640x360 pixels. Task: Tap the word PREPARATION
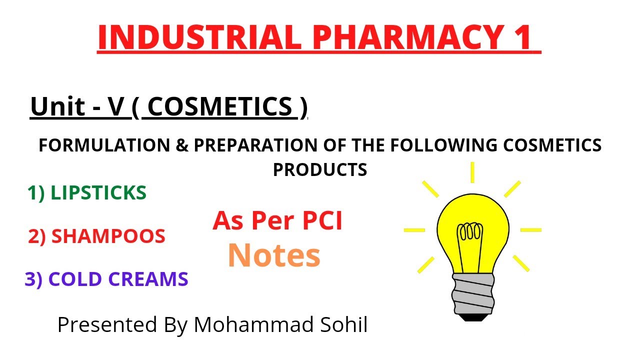coord(255,145)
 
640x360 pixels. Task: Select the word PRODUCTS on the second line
coord(320,169)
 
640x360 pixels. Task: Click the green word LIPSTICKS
coord(98,193)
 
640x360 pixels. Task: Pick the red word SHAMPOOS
coord(108,236)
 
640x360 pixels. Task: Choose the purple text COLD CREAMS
coord(118,279)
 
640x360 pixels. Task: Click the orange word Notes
coord(273,255)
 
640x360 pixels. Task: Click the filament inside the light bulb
coord(470,233)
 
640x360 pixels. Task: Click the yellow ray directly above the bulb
coord(472,172)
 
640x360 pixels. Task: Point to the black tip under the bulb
coord(471,315)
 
